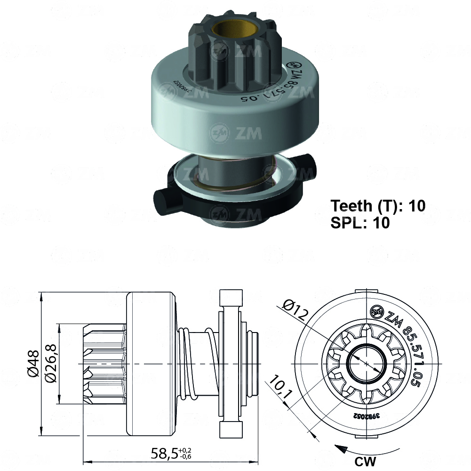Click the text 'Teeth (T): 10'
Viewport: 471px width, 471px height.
378,206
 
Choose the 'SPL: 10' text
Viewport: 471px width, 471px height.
360,223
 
